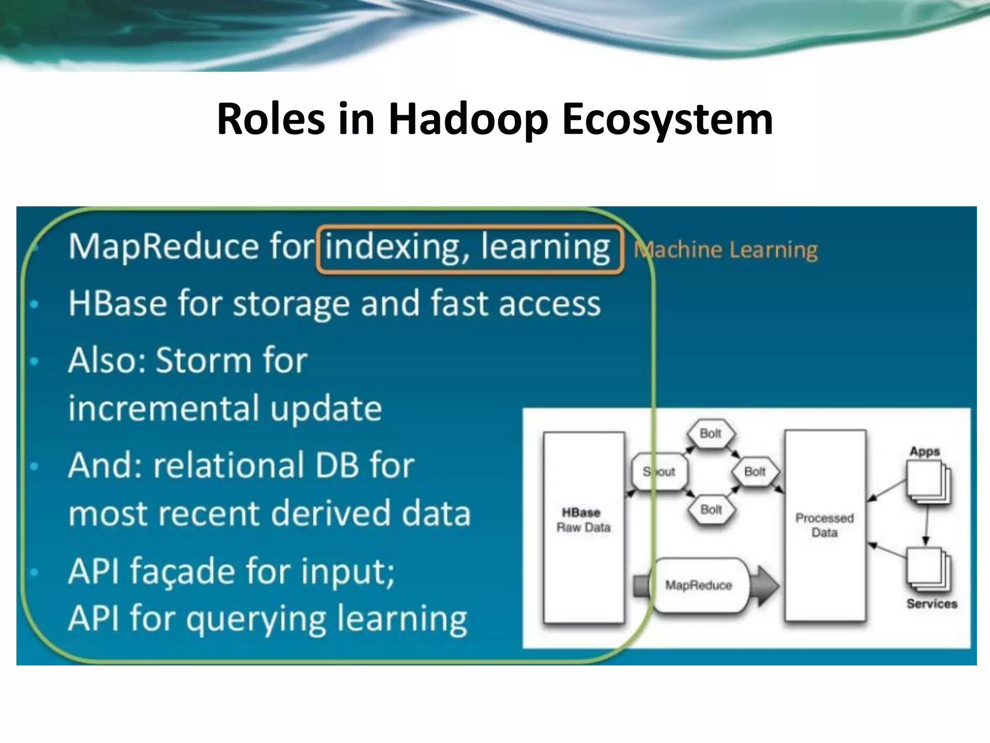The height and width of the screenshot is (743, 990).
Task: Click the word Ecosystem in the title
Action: (x=667, y=119)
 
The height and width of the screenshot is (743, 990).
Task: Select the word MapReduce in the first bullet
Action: (x=163, y=247)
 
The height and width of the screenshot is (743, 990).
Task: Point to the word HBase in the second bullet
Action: (x=117, y=304)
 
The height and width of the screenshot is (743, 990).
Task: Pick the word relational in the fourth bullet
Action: (x=229, y=465)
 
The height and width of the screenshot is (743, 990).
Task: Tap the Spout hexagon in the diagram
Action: (x=659, y=472)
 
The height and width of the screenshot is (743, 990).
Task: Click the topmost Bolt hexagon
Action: (x=711, y=433)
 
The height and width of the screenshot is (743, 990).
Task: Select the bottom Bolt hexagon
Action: (x=711, y=509)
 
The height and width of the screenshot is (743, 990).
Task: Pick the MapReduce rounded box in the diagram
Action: (x=699, y=585)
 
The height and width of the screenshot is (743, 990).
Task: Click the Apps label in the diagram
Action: (x=924, y=451)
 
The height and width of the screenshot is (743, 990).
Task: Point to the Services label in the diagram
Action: (x=932, y=604)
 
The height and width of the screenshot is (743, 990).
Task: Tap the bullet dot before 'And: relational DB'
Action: (x=34, y=466)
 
